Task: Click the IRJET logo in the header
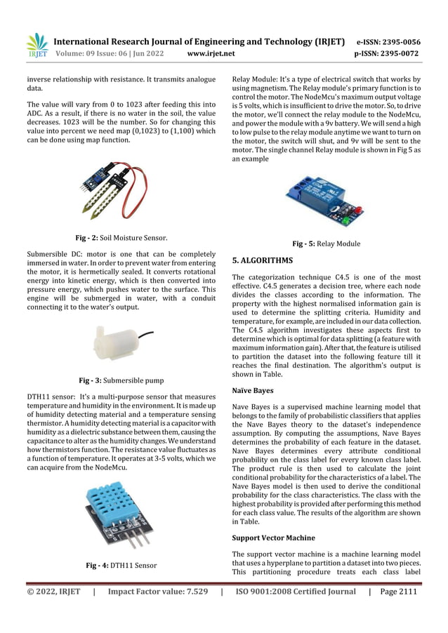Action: (x=37, y=45)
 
